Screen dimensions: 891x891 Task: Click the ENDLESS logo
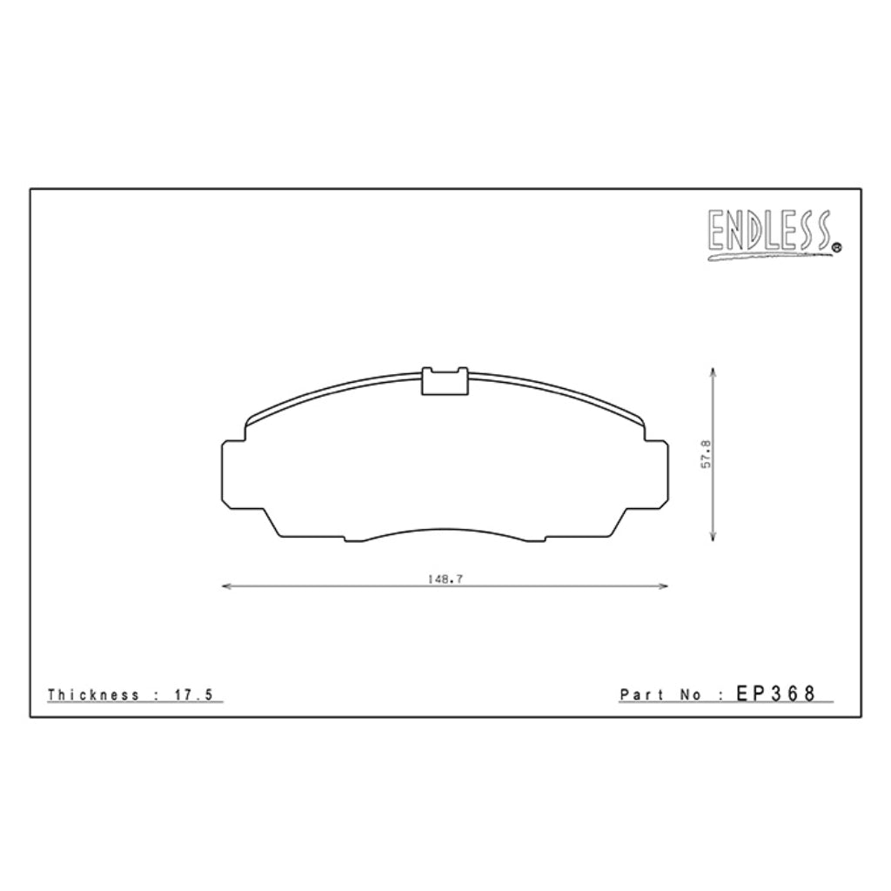[770, 233]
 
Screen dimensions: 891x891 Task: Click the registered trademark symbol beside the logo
[837, 248]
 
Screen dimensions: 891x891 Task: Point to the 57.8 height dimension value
[707, 453]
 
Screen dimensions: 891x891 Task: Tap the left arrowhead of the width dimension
[226, 586]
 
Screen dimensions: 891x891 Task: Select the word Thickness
[93, 694]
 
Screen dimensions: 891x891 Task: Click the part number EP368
[775, 693]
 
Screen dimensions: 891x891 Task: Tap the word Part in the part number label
[640, 694]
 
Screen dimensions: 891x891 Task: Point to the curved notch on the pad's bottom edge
[445, 530]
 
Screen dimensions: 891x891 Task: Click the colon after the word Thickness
[155, 694]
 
